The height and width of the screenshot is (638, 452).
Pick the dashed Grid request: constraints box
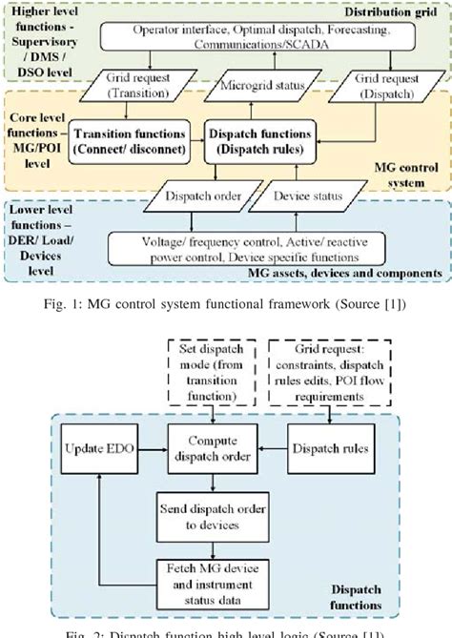point(329,369)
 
